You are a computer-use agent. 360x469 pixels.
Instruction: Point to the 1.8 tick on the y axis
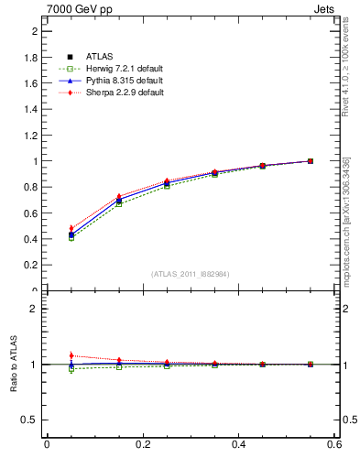click(31, 57)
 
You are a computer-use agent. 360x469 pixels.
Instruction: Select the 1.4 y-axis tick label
click(31, 109)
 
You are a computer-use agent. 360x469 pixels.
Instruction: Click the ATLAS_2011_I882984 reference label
click(191, 273)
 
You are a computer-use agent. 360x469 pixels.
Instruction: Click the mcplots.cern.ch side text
click(345, 220)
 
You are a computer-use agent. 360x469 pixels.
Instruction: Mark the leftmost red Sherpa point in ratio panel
click(71, 355)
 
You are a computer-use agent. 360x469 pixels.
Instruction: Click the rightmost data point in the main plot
click(311, 161)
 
